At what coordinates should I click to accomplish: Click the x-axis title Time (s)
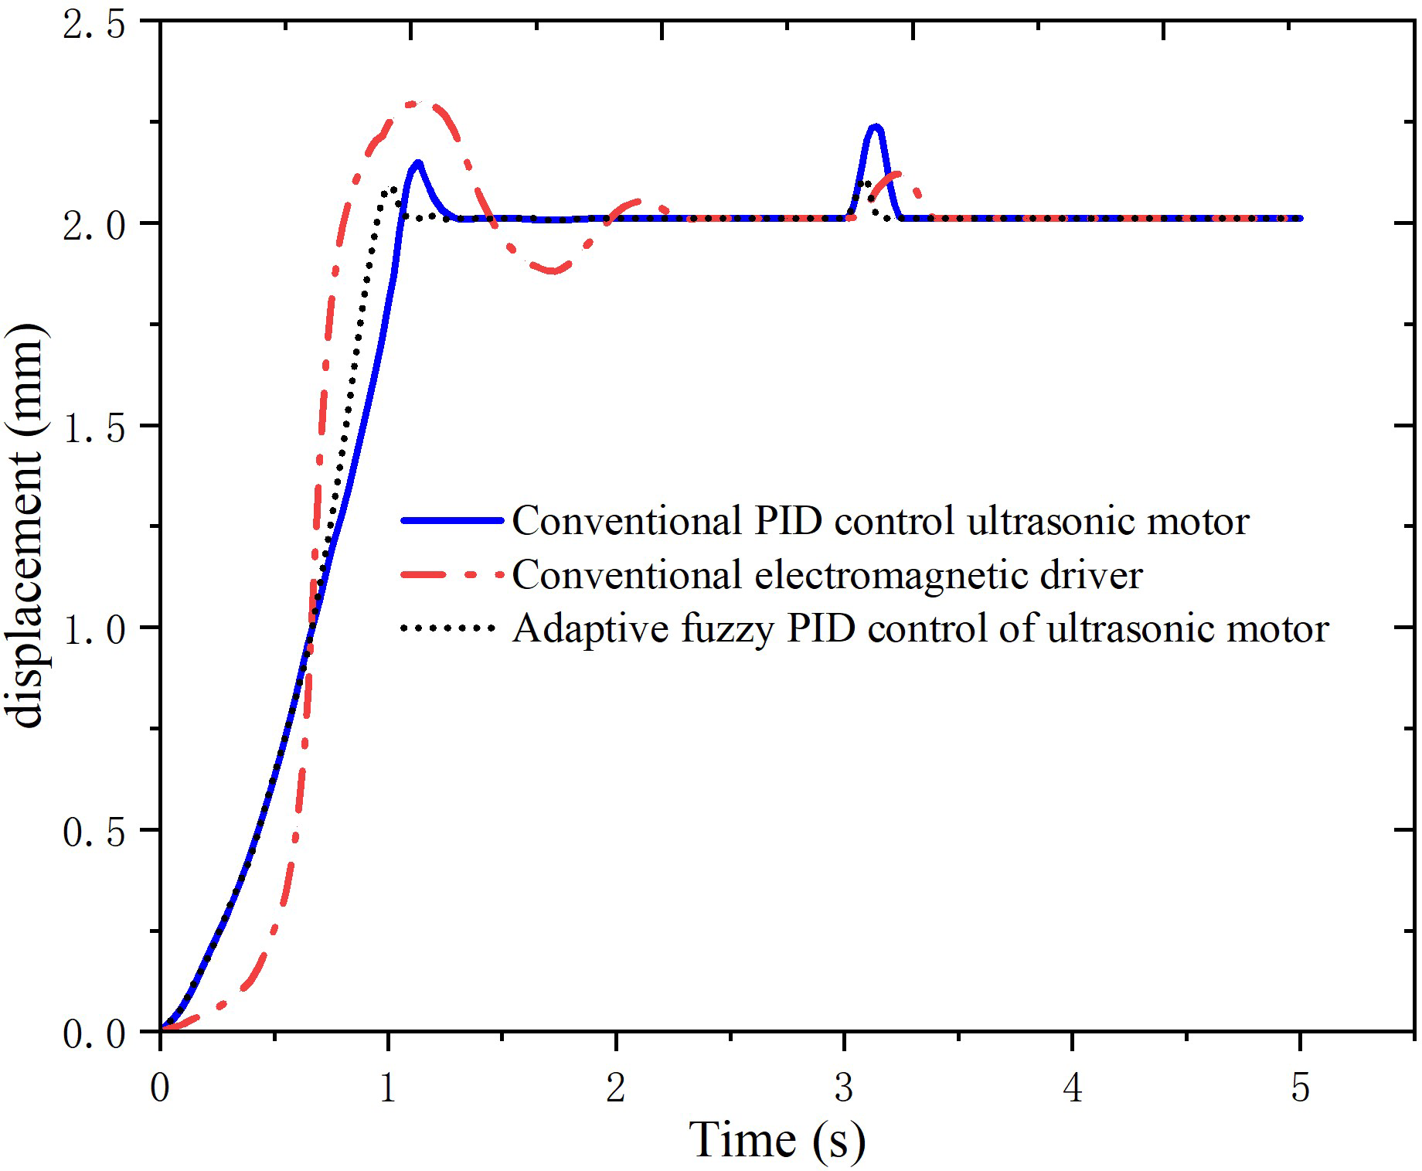(777, 1139)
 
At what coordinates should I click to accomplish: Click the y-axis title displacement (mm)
(28, 526)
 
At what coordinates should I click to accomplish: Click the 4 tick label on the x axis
(1073, 1088)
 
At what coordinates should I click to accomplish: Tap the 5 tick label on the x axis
(1301, 1088)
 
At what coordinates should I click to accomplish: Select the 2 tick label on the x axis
(616, 1088)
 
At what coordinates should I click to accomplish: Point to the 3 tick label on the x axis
(844, 1088)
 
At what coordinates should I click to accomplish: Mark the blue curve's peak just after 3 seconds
(876, 126)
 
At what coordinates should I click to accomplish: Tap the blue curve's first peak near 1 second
(418, 162)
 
